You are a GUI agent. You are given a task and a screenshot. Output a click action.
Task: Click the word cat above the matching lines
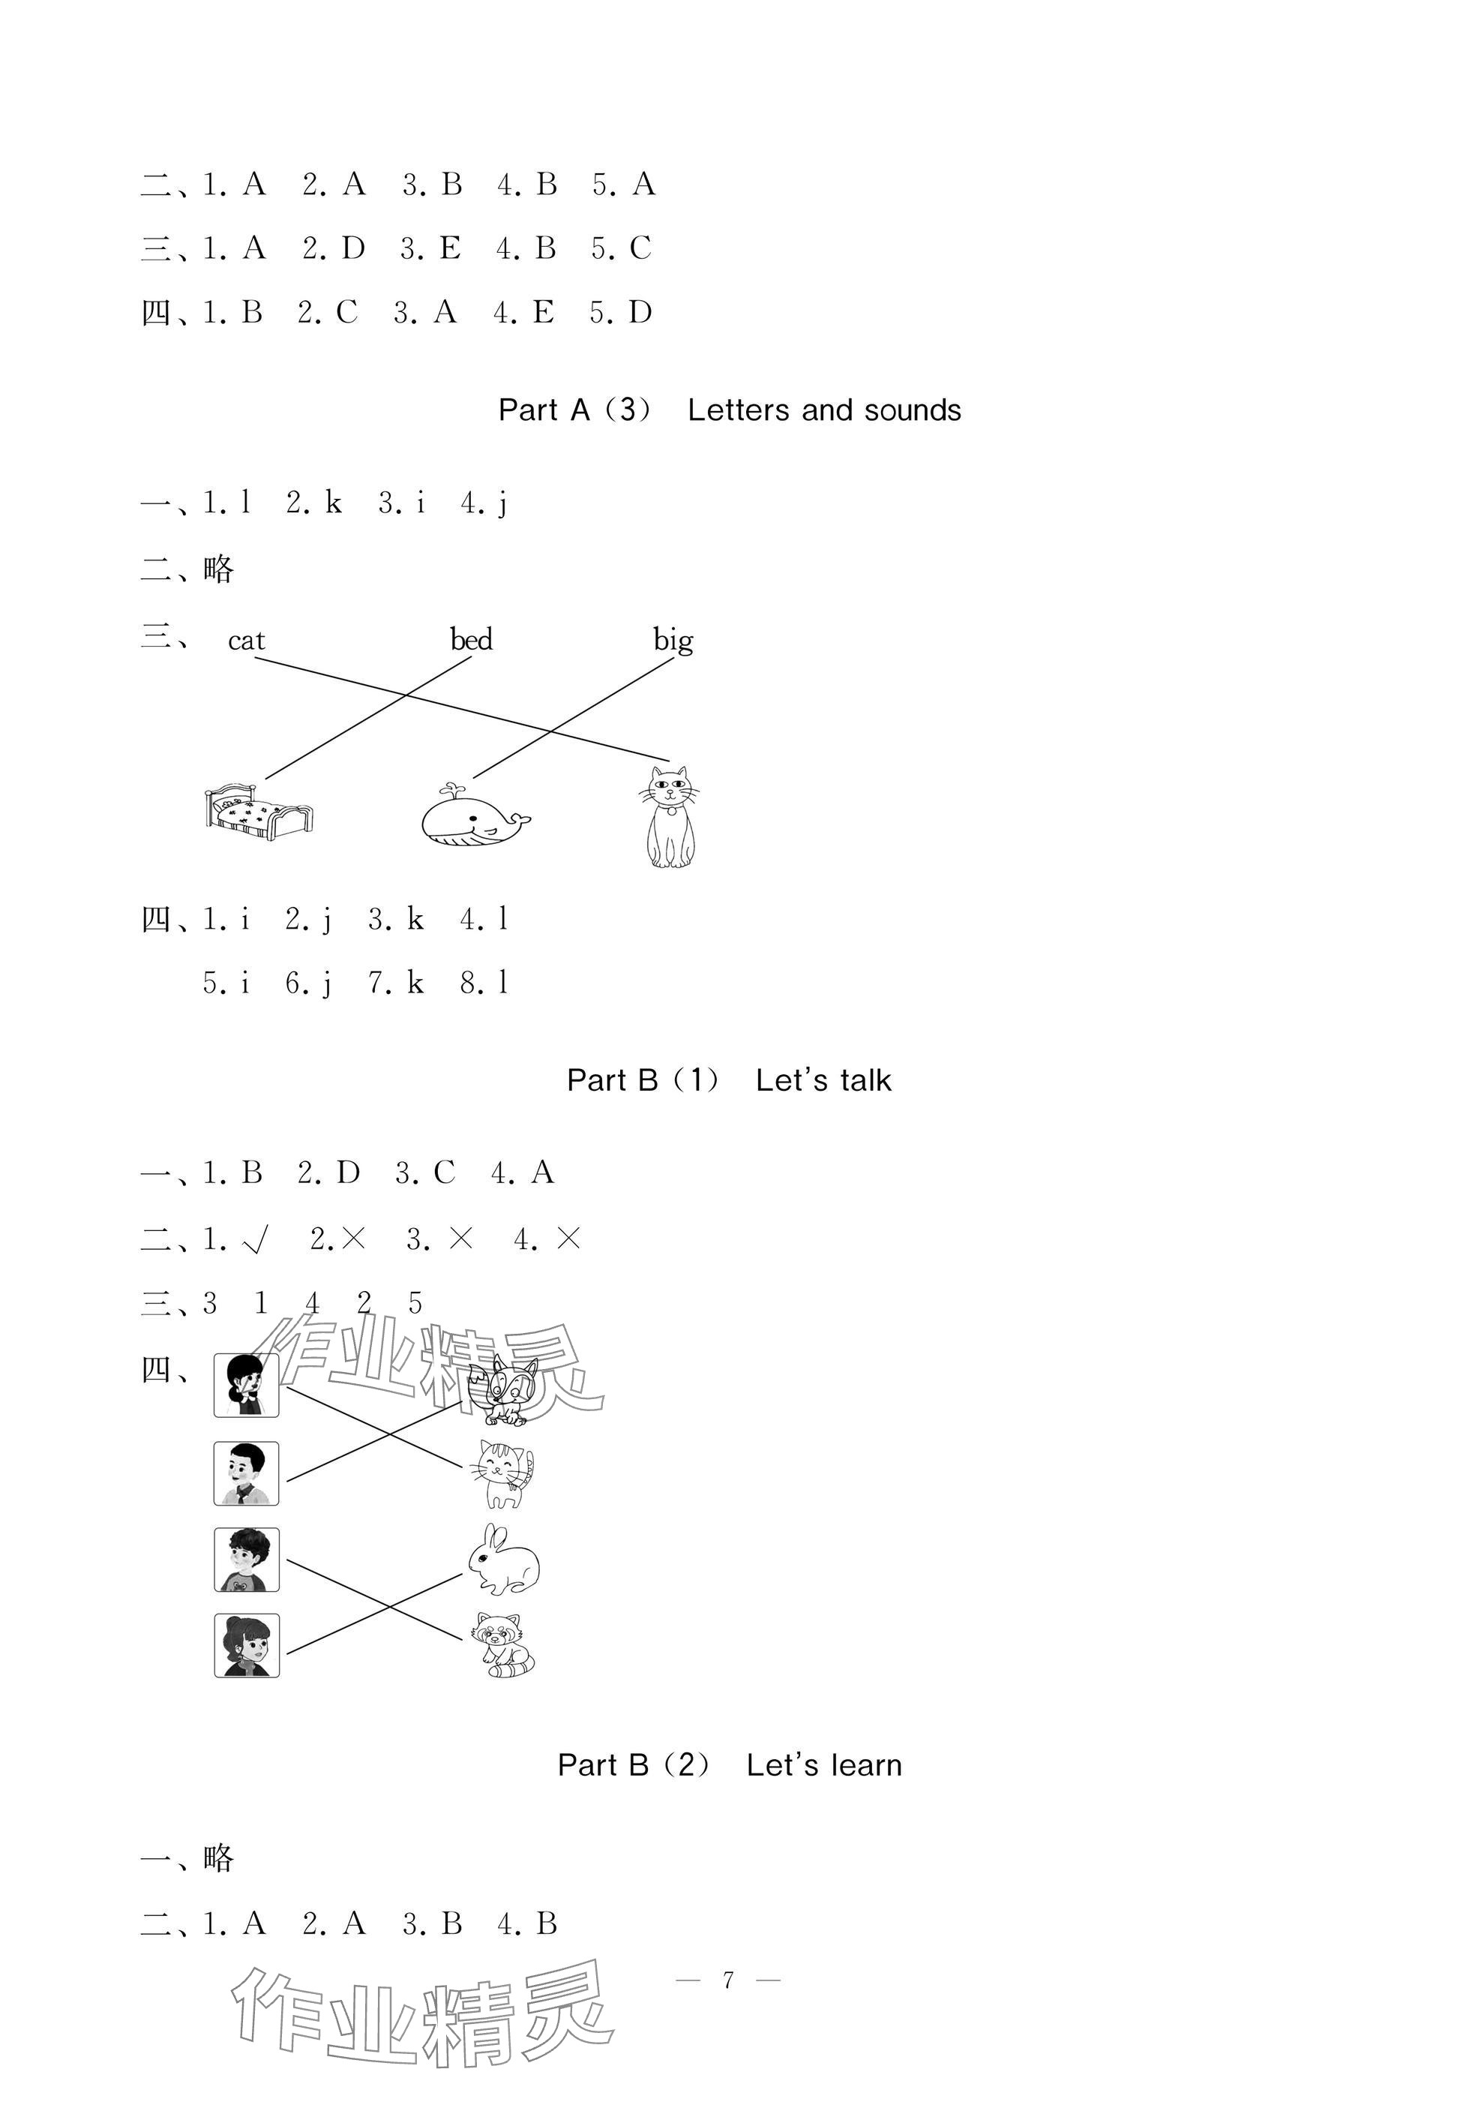246,641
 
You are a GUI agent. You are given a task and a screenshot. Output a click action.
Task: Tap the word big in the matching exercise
673,640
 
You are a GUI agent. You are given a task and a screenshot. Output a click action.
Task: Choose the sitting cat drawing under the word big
670,816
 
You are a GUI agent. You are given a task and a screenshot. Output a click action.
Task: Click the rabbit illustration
503,1559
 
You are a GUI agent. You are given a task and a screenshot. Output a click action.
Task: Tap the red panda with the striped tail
503,1644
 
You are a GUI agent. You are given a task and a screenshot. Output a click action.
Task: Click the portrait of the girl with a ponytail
246,1386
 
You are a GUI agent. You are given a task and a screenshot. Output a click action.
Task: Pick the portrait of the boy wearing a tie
246,1473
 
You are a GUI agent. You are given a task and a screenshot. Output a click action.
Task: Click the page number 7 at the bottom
728,1980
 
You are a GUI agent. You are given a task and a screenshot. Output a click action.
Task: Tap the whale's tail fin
520,819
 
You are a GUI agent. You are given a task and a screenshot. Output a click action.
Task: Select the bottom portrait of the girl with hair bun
246,1645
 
